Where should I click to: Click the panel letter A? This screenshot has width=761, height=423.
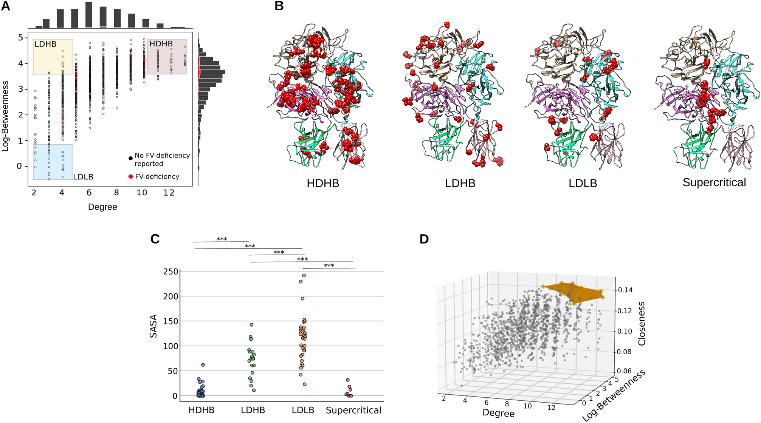click(6, 6)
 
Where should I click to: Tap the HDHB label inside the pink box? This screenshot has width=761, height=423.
click(161, 44)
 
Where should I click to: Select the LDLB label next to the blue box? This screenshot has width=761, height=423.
click(83, 177)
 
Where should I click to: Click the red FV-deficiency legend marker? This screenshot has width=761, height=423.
click(130, 177)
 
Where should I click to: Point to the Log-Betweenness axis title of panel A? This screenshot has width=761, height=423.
click(5, 116)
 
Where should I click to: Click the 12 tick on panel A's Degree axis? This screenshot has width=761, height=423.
click(169, 193)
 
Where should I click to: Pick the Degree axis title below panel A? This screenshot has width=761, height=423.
click(102, 207)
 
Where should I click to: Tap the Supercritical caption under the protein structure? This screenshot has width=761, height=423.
click(714, 183)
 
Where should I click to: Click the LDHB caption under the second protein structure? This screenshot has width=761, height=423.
click(460, 184)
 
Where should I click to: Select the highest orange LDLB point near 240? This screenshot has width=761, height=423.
click(304, 276)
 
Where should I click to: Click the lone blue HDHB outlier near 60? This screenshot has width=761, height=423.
click(203, 365)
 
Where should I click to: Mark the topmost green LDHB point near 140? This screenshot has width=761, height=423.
click(251, 325)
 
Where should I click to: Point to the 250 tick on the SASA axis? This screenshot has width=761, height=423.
click(170, 272)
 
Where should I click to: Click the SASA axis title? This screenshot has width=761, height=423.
click(153, 326)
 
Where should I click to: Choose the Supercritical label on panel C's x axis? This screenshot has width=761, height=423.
click(353, 411)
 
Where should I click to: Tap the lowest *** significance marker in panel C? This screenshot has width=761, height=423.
click(329, 266)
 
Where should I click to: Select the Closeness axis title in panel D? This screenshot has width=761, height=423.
click(642, 324)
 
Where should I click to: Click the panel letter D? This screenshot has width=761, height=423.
click(424, 239)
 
